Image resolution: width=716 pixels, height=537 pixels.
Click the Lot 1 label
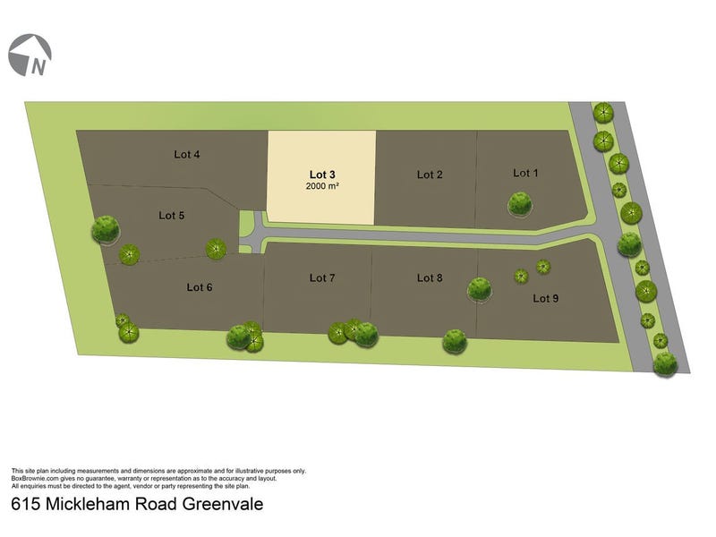point(525,172)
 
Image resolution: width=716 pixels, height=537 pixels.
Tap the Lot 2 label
point(430,175)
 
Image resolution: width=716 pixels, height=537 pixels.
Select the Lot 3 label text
point(322,174)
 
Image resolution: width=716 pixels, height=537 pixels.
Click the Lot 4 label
point(186,154)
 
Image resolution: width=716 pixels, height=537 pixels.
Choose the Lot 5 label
point(172,215)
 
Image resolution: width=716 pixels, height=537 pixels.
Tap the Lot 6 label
point(200,287)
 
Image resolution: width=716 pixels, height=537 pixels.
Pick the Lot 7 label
point(322,278)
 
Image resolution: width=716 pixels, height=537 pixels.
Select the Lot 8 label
point(430,278)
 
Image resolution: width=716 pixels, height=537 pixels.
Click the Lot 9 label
point(546,298)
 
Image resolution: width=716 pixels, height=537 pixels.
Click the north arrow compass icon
point(30,55)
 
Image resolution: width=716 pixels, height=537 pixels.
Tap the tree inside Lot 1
point(520,204)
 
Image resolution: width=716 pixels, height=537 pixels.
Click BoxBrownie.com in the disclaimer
point(35,478)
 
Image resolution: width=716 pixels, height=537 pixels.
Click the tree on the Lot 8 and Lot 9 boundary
point(479,288)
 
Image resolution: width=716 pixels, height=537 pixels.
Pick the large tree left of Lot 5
point(106,229)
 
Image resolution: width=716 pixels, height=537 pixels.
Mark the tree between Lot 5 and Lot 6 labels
point(216,248)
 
